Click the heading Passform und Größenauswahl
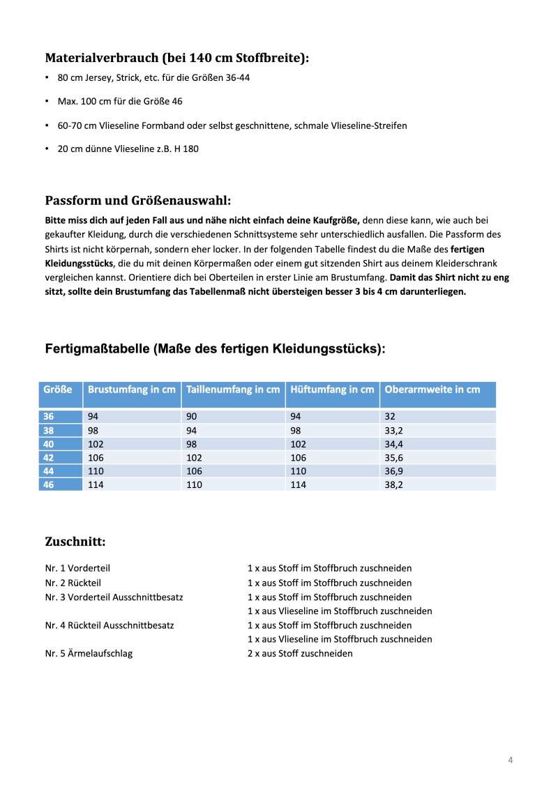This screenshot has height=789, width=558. tap(137, 201)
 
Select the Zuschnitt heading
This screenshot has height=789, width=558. tap(75, 541)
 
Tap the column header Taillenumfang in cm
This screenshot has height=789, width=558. tap(233, 390)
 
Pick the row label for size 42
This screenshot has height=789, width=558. tap(49, 457)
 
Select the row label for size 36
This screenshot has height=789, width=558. tap(49, 416)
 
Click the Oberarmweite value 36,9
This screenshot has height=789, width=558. tap(394, 471)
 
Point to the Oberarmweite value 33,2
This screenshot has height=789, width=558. tap(394, 430)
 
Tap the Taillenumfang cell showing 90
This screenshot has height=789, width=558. tap(193, 416)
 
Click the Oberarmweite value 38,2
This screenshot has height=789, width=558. tap(394, 484)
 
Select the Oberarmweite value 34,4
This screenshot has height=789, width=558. tap(394, 444)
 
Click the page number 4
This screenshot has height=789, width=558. tap(511, 760)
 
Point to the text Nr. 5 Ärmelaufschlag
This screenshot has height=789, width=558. tap(89, 653)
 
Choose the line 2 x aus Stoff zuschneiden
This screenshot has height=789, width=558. tap(300, 653)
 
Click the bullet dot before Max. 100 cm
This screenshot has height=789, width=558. tap(47, 102)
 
